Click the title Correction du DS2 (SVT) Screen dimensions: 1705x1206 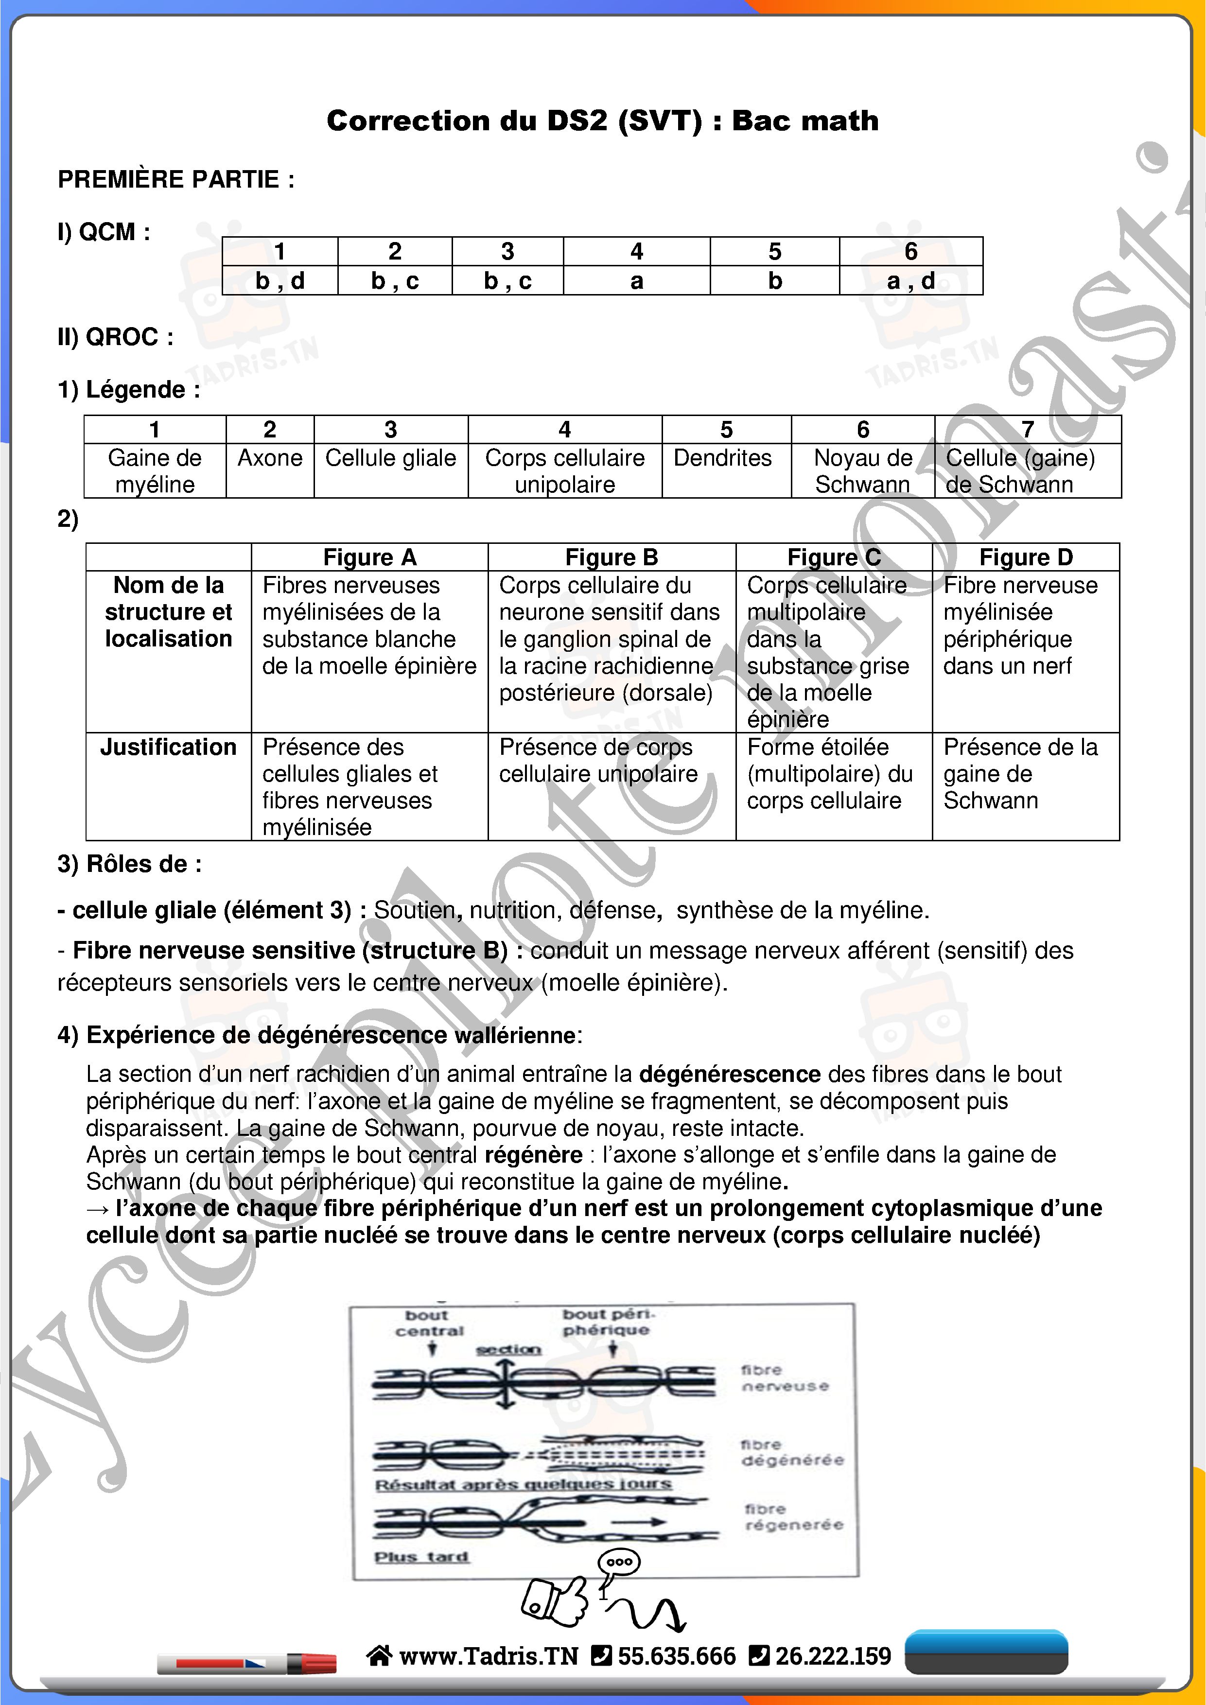click(x=602, y=121)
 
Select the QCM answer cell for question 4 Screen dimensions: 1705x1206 click(x=636, y=281)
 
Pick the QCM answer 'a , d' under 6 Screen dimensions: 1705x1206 click(x=910, y=281)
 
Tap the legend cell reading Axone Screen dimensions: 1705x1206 click(x=270, y=458)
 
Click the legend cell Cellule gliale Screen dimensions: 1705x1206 click(x=391, y=458)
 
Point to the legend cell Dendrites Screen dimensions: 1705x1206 click(x=722, y=458)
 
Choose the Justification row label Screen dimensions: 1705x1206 click(x=169, y=747)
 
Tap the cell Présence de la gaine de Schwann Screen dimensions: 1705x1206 click(x=1020, y=773)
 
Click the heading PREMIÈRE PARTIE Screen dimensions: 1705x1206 click(x=176, y=180)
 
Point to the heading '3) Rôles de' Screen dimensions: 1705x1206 click(x=129, y=864)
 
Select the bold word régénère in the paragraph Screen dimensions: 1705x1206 click(x=533, y=1155)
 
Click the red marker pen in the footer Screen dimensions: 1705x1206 click(x=247, y=1663)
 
